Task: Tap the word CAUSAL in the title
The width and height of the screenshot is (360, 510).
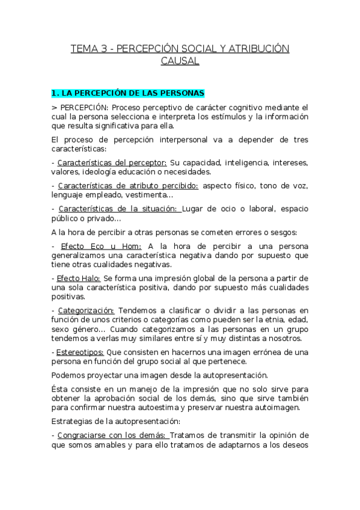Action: click(180, 61)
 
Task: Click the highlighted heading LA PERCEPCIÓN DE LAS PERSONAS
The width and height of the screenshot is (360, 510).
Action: click(128, 93)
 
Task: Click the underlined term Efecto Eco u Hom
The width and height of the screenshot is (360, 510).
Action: click(100, 246)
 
